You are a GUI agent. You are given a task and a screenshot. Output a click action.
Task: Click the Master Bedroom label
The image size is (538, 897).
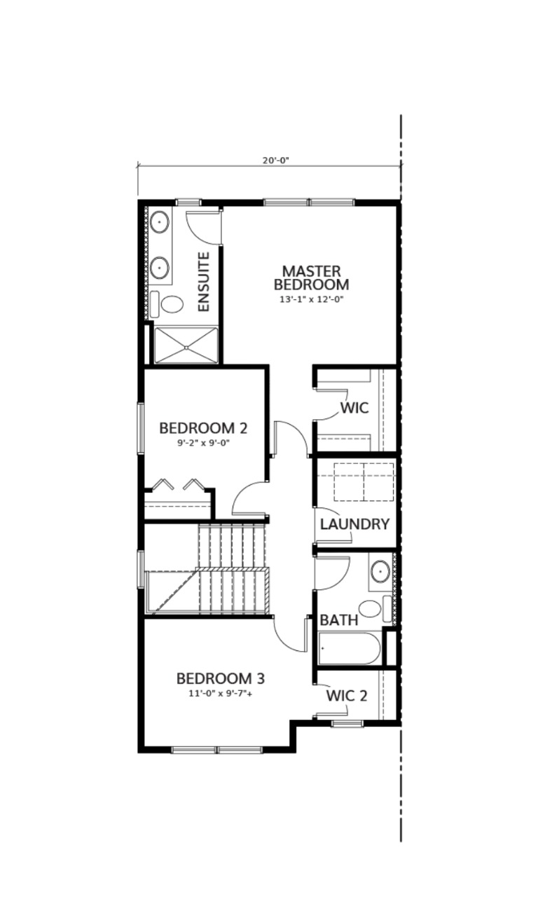[x=311, y=278]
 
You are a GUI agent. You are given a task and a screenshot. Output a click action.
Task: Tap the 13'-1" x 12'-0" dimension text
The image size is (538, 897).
[x=311, y=299]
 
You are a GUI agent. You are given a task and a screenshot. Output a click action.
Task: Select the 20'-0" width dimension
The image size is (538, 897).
[x=276, y=160]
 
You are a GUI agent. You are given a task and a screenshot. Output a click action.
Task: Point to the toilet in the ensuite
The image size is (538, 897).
[x=171, y=304]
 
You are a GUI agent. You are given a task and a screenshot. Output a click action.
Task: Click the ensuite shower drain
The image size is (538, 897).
[x=186, y=345]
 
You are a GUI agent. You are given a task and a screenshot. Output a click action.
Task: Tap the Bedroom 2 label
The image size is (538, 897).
[x=203, y=427]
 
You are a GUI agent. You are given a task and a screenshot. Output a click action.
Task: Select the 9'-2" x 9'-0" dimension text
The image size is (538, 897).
[x=203, y=443]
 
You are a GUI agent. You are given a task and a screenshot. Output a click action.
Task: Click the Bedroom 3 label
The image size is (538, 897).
[x=220, y=678]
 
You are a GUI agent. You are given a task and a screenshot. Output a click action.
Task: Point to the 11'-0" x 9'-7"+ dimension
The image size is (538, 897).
[x=220, y=694]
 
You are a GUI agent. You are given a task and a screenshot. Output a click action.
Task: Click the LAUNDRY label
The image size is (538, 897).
[x=354, y=523]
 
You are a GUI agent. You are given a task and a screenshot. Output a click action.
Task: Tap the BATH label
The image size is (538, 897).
[x=339, y=620]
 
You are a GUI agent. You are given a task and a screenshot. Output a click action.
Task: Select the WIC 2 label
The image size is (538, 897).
[x=347, y=696]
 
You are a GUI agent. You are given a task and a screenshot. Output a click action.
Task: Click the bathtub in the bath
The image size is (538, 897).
[x=349, y=648]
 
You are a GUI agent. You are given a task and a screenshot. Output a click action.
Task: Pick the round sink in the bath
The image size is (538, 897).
[x=381, y=572]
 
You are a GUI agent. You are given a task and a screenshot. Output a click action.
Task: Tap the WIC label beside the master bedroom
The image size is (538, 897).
[x=354, y=407]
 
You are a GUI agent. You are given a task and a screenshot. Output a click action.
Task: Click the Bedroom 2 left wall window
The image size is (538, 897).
[x=140, y=429]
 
